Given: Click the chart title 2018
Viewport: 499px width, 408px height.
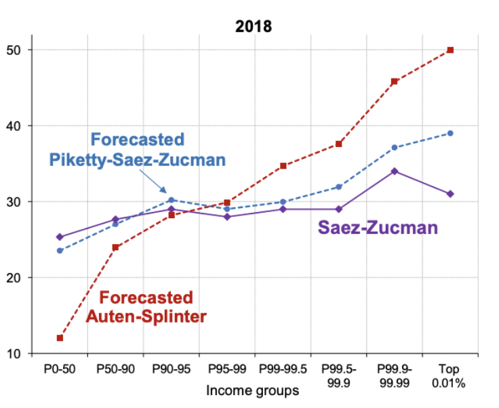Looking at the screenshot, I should click(253, 27).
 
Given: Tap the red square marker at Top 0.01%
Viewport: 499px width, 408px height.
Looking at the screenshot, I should click(450, 50).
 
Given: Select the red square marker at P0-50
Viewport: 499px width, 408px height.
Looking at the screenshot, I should click(60, 338).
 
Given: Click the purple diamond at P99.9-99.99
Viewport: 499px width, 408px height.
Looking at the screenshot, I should click(395, 171).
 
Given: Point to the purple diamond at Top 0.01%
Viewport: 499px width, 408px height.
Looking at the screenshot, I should click(450, 194).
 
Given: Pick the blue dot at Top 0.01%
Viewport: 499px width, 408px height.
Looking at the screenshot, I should click(450, 133).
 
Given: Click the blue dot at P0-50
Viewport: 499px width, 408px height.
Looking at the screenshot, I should click(60, 251).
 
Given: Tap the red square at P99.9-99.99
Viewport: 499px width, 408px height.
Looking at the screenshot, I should click(395, 81).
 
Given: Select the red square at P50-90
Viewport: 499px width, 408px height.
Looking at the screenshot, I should click(115, 247).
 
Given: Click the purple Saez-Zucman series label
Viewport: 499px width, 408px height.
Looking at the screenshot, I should click(378, 228).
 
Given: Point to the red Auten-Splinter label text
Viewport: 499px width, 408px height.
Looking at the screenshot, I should click(146, 307).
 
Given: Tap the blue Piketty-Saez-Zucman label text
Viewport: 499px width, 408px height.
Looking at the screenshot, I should click(137, 150).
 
